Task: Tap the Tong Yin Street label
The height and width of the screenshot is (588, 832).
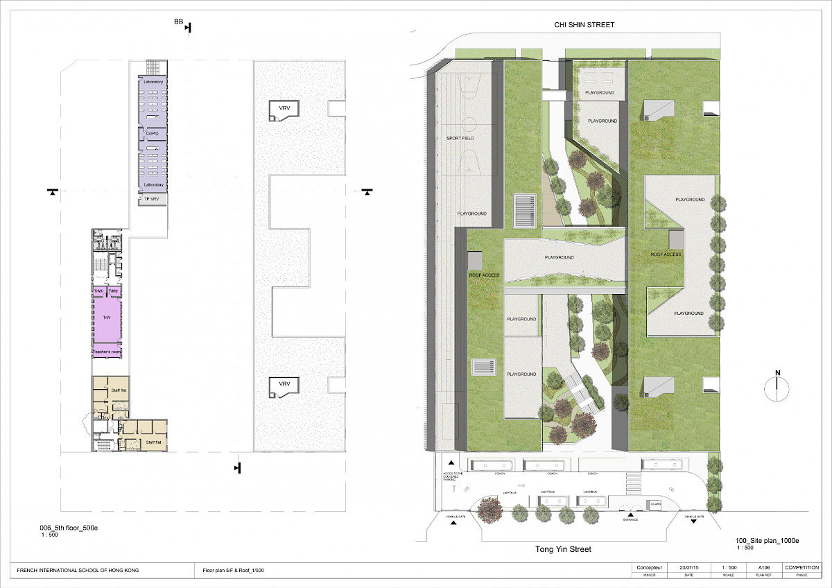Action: pos(563,549)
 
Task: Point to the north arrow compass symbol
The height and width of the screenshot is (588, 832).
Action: pos(778,388)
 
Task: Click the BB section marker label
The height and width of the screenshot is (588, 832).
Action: pos(179,23)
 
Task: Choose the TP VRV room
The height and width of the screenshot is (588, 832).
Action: pos(152,199)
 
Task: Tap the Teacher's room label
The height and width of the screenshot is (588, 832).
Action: pos(107,353)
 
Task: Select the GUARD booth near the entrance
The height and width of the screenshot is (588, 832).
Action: pos(655,504)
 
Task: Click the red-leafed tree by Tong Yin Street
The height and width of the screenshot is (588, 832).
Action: pos(492,509)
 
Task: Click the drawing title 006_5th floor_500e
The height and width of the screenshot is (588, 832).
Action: pos(69,528)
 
